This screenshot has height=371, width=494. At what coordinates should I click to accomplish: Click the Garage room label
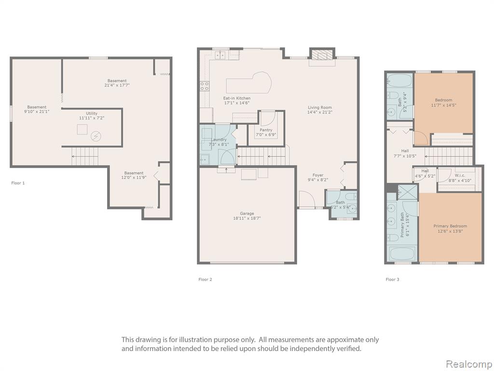click(x=247, y=214)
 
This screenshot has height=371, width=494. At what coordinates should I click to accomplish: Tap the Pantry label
click(x=266, y=130)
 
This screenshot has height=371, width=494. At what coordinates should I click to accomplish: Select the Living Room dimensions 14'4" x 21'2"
click(x=320, y=112)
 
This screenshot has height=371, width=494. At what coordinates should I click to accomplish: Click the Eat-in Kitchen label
click(x=237, y=98)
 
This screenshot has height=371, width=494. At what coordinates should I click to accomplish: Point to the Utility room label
click(x=92, y=113)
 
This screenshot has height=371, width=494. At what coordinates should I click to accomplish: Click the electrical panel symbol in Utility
click(x=96, y=136)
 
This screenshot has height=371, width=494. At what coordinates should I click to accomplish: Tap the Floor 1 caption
click(x=18, y=183)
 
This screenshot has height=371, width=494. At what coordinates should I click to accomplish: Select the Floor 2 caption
click(x=205, y=279)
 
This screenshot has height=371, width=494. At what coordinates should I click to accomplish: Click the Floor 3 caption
click(x=392, y=279)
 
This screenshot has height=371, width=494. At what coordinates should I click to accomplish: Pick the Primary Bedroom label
click(x=450, y=226)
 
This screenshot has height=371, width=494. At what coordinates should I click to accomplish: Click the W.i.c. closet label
click(x=460, y=175)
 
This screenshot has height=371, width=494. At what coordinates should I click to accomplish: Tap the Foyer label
click(x=318, y=175)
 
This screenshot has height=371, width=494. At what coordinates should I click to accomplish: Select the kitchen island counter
click(x=249, y=83)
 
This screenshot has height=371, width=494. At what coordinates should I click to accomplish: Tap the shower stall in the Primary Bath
click(x=407, y=192)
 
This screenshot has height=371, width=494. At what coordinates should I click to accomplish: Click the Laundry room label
click(x=219, y=140)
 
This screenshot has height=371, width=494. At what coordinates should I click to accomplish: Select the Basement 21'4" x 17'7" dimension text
click(x=117, y=85)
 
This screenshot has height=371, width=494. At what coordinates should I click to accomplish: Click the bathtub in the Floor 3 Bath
click(x=399, y=81)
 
